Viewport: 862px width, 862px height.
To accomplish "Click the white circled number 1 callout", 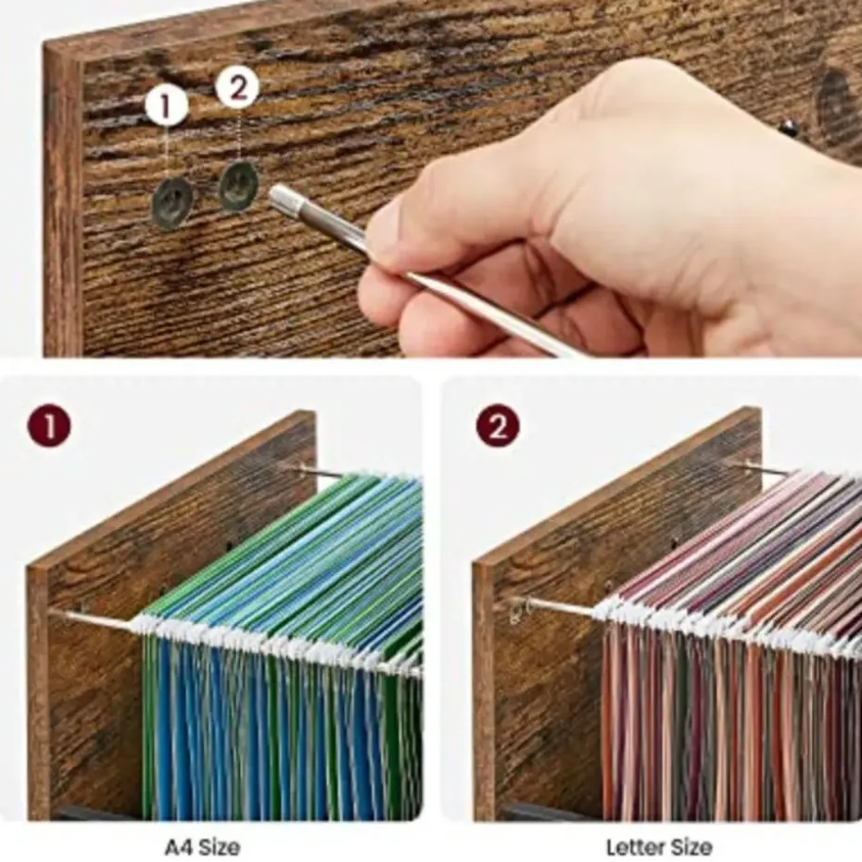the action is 167,105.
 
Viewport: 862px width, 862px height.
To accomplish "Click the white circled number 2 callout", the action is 237,87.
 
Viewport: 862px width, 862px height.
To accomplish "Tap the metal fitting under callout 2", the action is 240,184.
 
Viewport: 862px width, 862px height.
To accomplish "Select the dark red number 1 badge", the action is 49,426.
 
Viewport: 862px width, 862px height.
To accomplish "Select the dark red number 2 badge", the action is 498,425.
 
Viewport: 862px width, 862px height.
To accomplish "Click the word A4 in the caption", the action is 179,846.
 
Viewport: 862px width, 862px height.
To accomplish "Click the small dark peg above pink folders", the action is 675,545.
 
